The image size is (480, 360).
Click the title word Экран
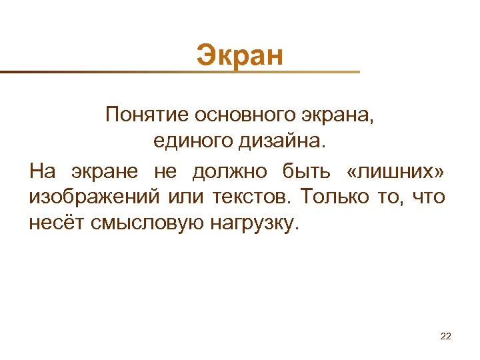[240, 55]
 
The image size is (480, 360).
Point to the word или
[187, 197]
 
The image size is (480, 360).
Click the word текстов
[254, 197]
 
